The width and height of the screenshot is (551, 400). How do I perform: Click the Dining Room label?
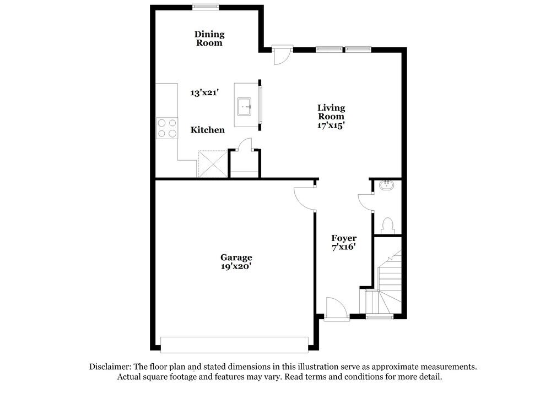tap(209, 39)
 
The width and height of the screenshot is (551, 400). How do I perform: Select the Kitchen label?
tap(208, 130)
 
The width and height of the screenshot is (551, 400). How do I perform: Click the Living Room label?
tap(331, 112)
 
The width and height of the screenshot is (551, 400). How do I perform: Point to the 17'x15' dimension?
tap(331, 125)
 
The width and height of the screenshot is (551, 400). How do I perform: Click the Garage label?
tap(236, 257)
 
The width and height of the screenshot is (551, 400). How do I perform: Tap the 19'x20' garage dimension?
tap(236, 266)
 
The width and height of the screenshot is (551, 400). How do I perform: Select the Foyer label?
tap(344, 238)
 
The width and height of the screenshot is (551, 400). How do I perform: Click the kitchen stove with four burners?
tap(168, 128)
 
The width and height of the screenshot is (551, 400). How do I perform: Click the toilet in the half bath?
tap(387, 225)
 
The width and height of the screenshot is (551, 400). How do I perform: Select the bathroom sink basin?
tap(387, 185)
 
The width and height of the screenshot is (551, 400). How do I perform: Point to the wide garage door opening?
tap(234, 344)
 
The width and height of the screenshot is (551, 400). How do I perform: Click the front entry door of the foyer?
tap(336, 308)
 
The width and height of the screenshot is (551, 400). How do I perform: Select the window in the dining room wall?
tap(205, 7)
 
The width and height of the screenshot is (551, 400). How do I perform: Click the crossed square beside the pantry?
tap(212, 163)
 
